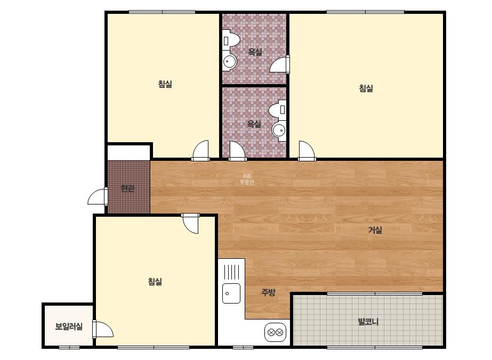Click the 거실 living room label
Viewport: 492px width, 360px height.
click(x=375, y=230)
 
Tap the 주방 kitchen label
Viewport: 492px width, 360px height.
click(x=268, y=292)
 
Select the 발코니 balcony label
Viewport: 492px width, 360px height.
click(x=368, y=322)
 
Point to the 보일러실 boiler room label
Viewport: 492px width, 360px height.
click(x=69, y=326)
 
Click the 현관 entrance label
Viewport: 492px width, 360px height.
click(x=128, y=189)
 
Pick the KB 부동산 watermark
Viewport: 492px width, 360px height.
click(x=247, y=179)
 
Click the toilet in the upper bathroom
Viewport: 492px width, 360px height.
click(x=231, y=40)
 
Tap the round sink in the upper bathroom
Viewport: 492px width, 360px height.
click(x=230, y=62)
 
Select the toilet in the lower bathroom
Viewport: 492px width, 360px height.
click(x=278, y=110)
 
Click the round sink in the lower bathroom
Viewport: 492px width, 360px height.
click(x=279, y=130)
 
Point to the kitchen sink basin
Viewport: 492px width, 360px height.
click(x=231, y=293)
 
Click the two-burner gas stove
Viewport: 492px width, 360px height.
click(x=276, y=332)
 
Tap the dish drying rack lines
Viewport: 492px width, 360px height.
click(x=231, y=272)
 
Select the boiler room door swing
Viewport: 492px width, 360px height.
click(x=102, y=329)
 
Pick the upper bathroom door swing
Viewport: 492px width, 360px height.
click(x=279, y=64)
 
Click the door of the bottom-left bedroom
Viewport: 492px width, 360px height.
click(x=190, y=224)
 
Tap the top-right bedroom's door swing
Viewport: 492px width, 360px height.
click(x=307, y=151)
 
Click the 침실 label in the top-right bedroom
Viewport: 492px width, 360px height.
click(x=366, y=88)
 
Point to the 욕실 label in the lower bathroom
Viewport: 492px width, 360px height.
click(x=254, y=124)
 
